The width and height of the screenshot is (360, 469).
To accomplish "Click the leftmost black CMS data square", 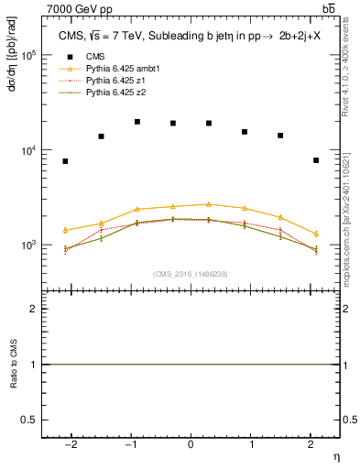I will [x=65, y=161].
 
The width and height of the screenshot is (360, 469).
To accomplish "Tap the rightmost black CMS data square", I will [x=316, y=160].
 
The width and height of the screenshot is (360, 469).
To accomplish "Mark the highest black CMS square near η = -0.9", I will [x=136, y=121].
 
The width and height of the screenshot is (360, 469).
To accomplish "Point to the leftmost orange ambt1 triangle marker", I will [x=65, y=230].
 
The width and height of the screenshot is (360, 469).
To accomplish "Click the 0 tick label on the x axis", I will [x=191, y=444].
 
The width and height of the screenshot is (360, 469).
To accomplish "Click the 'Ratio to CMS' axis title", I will [x=14, y=365].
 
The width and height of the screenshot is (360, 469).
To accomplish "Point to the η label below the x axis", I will [x=335, y=455].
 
